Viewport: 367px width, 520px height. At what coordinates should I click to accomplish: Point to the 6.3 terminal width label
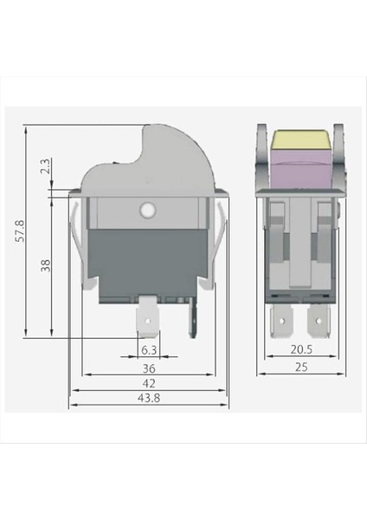pyautogui.click(x=148, y=350)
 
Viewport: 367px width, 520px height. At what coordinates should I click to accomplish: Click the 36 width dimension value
pyautogui.click(x=148, y=367)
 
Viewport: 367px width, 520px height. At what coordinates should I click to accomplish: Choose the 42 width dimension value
pyautogui.click(x=148, y=382)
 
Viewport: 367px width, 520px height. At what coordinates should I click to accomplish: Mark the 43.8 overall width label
pyautogui.click(x=148, y=398)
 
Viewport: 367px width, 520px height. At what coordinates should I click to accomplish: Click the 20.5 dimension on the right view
pyautogui.click(x=300, y=350)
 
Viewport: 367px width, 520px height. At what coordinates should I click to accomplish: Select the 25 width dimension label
pyautogui.click(x=300, y=367)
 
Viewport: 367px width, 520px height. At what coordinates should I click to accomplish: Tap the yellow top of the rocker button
pyautogui.click(x=300, y=139)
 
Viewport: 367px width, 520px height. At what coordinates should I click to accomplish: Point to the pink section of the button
pyautogui.click(x=300, y=168)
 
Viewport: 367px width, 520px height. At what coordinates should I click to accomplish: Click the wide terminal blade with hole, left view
pyautogui.click(x=148, y=321)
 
